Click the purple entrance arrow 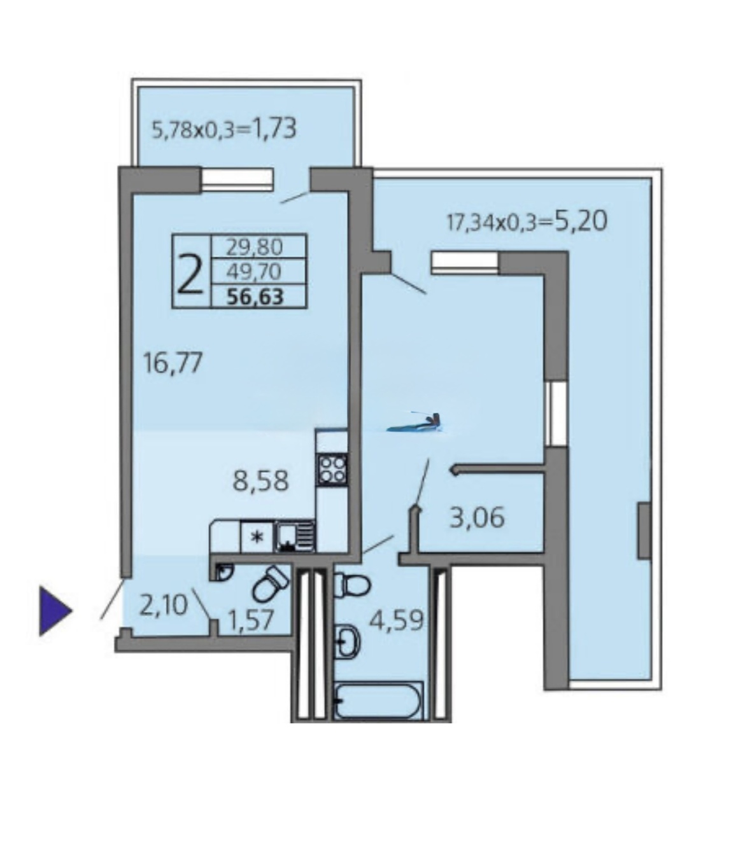[55, 611]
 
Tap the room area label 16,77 [173, 363]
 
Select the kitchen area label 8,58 [260, 481]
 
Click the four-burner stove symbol [332, 469]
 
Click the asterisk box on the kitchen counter [257, 536]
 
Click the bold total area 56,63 [255, 297]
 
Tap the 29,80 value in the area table [255, 248]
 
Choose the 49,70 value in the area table [254, 272]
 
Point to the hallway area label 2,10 [164, 606]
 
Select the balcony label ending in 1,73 [223, 129]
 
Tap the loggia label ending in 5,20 [527, 221]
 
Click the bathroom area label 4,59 [396, 620]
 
